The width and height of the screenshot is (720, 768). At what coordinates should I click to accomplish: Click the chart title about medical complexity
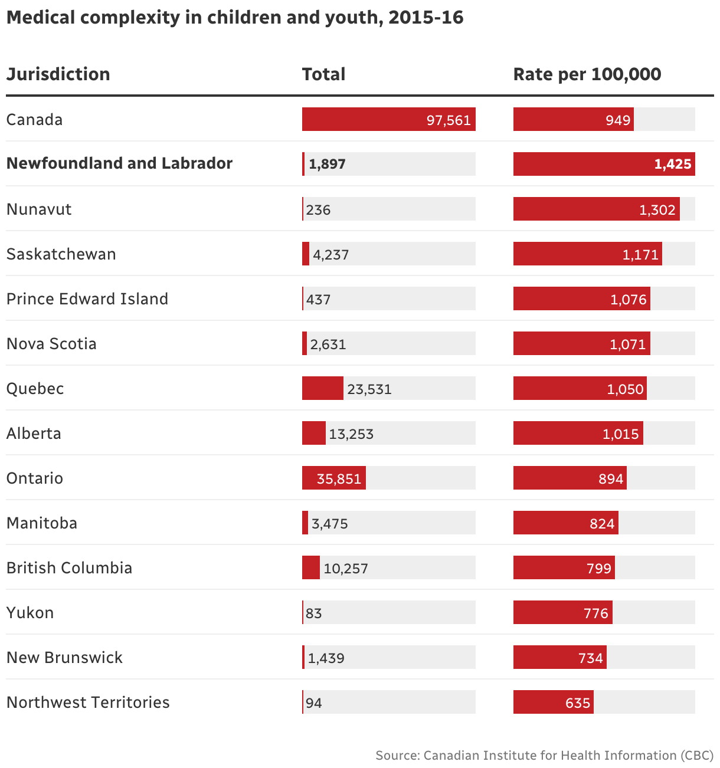tap(235, 18)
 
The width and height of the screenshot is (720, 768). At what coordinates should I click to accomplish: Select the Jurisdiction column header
tap(58, 74)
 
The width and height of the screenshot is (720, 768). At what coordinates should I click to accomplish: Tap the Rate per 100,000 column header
tap(587, 74)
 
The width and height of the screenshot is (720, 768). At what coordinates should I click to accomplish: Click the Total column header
tap(323, 74)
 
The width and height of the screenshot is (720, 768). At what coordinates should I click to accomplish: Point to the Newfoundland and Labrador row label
tap(119, 163)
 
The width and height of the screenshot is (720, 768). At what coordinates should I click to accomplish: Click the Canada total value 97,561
tap(449, 120)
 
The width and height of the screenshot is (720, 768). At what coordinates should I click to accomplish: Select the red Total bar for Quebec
tap(322, 388)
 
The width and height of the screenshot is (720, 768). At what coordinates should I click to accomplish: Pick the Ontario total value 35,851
tap(339, 478)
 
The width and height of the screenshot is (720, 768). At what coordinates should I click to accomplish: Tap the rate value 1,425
tap(672, 164)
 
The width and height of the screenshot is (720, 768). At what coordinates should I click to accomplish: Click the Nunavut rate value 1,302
tap(657, 210)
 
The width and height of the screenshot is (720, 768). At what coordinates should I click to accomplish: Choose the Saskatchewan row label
tap(61, 254)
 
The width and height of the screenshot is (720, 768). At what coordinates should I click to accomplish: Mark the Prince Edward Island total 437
tap(319, 300)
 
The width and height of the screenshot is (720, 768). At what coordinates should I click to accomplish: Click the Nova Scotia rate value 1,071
tap(628, 344)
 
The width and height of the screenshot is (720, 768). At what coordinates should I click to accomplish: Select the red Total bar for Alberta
tap(313, 433)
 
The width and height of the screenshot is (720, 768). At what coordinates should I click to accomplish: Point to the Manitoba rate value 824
tap(602, 524)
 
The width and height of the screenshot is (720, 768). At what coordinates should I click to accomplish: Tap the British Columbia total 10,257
tap(346, 569)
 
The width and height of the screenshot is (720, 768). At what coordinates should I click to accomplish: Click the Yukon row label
tap(30, 613)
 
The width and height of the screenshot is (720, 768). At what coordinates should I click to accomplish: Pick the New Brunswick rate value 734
tap(590, 658)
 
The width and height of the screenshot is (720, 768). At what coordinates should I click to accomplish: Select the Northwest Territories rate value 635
tap(577, 703)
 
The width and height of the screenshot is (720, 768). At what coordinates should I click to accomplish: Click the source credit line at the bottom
tap(544, 756)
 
